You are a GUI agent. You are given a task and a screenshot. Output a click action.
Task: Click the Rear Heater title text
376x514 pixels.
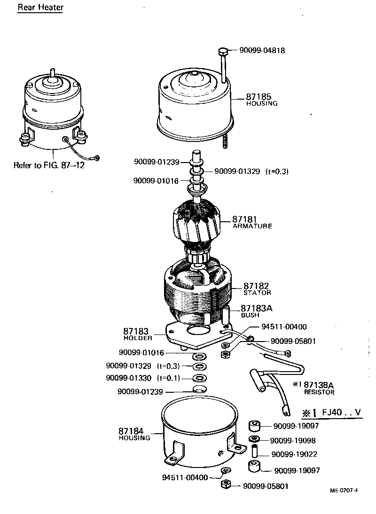pyautogui.click(x=40, y=8)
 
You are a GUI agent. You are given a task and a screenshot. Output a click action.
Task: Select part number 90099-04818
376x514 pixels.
pyautogui.click(x=262, y=50)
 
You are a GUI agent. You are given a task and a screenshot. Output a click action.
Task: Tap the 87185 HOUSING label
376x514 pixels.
pyautogui.click(x=262, y=100)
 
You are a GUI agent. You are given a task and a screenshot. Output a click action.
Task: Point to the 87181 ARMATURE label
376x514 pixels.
pyautogui.click(x=252, y=222)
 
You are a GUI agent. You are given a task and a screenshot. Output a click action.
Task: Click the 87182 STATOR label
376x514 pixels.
pyautogui.click(x=257, y=288)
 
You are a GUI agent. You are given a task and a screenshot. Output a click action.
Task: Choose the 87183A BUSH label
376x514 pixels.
pyautogui.click(x=257, y=311)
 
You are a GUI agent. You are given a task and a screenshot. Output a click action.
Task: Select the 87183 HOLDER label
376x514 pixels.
pyautogui.click(x=138, y=334)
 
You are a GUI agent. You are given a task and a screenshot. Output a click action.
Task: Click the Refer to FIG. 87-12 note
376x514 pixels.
pyautogui.click(x=49, y=165)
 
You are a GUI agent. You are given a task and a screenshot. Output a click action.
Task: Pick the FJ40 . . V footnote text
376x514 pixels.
pyautogui.click(x=333, y=413)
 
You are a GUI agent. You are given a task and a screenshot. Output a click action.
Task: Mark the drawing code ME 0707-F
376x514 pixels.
pyautogui.click(x=344, y=491)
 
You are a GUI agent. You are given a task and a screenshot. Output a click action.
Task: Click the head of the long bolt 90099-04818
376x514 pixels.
pyautogui.click(x=223, y=51)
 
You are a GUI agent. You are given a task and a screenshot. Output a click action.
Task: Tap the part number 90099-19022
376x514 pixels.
pyautogui.click(x=294, y=455)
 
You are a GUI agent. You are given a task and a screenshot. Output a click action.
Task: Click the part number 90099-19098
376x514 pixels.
pyautogui.click(x=292, y=441)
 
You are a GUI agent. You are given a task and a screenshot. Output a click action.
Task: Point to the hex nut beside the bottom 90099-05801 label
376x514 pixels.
pyautogui.click(x=225, y=484)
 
